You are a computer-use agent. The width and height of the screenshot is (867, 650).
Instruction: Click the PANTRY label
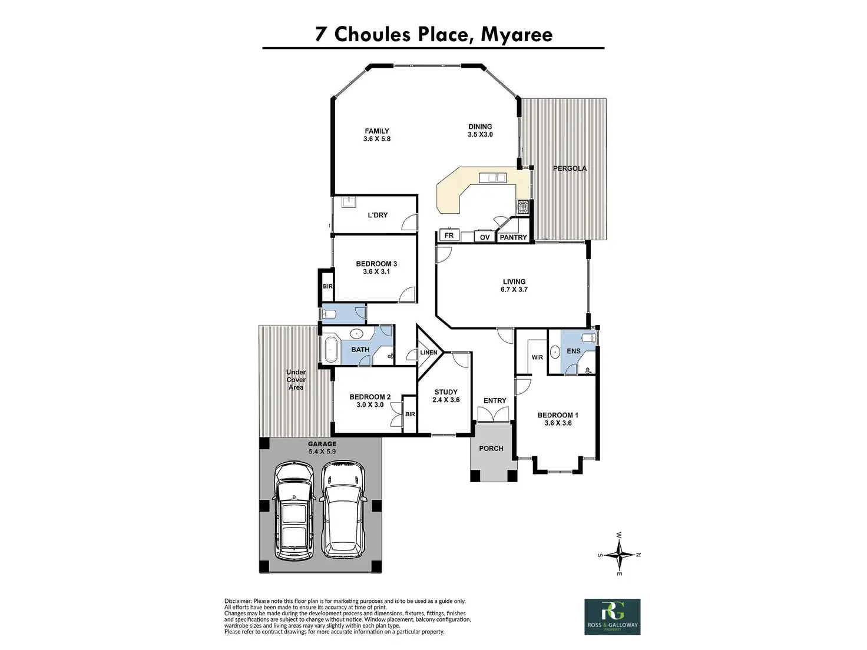click(x=513, y=237)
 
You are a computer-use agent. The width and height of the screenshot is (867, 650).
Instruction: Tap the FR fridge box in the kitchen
click(x=449, y=236)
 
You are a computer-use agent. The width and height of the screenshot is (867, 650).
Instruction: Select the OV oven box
click(x=485, y=237)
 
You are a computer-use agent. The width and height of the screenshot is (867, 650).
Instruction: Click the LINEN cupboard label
click(x=429, y=353)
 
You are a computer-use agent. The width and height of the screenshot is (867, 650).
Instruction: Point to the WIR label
click(x=537, y=357)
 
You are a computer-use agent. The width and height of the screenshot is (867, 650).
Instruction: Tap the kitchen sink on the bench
click(x=492, y=178)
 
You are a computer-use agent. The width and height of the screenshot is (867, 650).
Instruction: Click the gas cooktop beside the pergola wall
click(x=523, y=207)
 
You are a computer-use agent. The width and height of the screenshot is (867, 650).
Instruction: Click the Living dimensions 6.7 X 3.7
click(x=514, y=289)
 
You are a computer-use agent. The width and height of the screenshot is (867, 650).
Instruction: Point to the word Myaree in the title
click(x=517, y=34)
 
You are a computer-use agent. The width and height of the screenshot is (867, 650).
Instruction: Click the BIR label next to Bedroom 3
click(x=327, y=286)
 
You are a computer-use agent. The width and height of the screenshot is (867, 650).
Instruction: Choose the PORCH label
click(x=491, y=448)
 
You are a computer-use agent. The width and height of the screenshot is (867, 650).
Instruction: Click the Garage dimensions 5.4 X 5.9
click(x=322, y=452)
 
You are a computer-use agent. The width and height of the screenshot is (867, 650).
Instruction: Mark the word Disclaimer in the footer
click(x=237, y=601)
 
